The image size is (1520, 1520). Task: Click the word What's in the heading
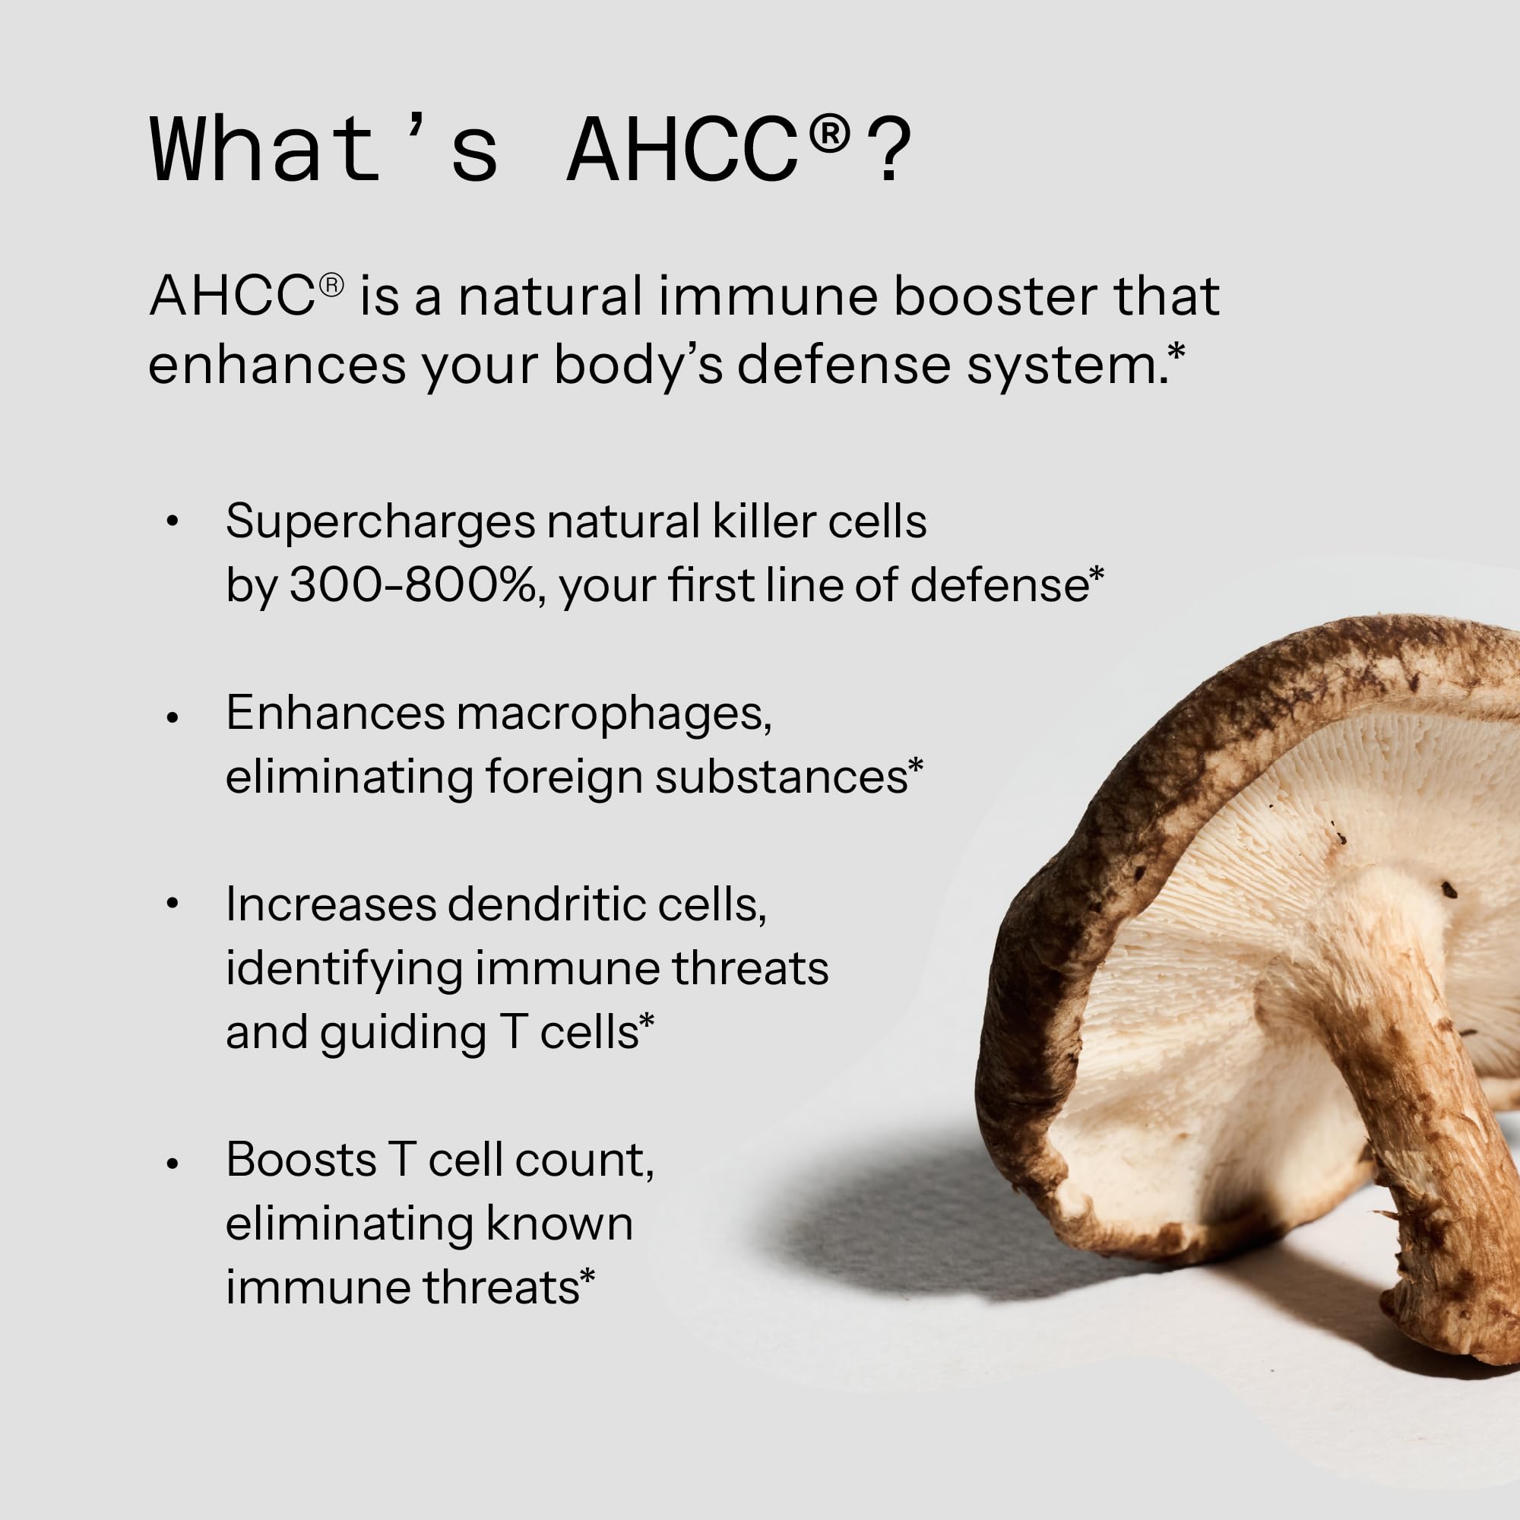click(x=323, y=150)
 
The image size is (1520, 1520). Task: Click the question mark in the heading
click(x=892, y=151)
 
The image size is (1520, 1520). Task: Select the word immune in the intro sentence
click(x=768, y=296)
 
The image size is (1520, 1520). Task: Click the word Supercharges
click(x=382, y=523)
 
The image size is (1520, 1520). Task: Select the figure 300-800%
click(x=413, y=586)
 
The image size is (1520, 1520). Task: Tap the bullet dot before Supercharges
click(x=173, y=521)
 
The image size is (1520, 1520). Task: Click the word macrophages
click(x=613, y=714)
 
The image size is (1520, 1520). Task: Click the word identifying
click(x=344, y=969)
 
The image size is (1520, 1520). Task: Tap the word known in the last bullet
click(x=559, y=1224)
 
